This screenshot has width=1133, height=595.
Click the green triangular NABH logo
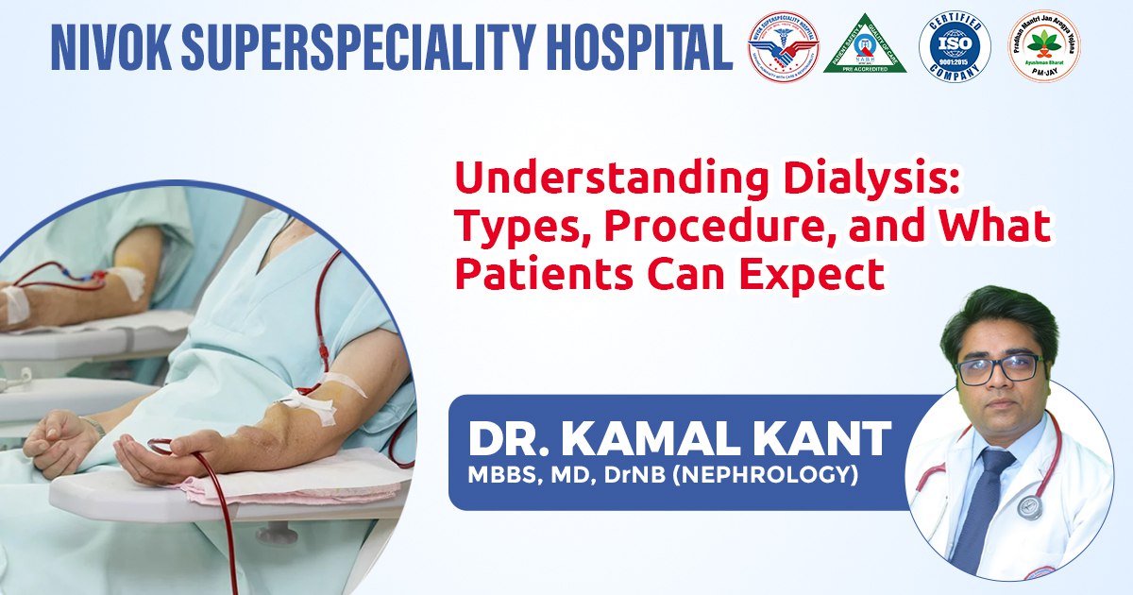[865, 47]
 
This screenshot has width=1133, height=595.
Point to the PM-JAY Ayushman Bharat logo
[1044, 47]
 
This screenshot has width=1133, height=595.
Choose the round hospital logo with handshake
[783, 47]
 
